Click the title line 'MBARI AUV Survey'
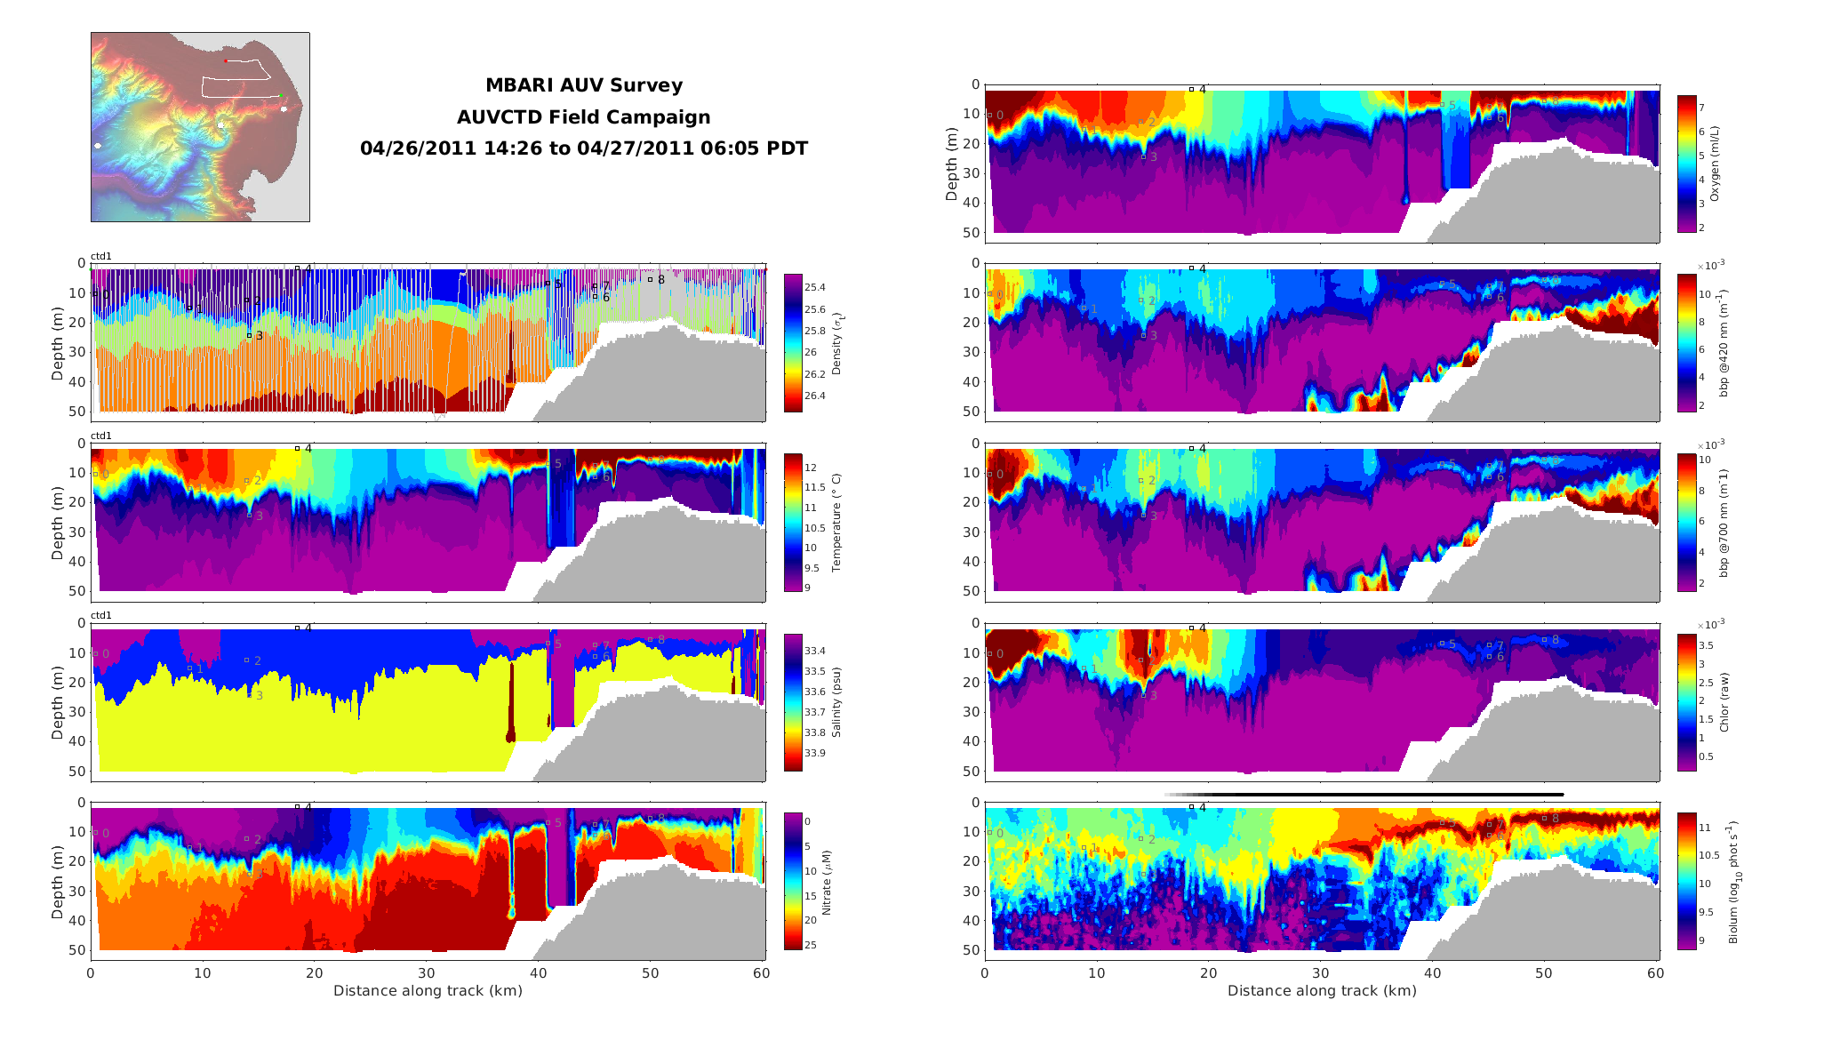pos(584,85)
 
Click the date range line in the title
pos(584,148)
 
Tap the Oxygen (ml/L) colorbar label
pos(1715,164)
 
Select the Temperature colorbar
pos(793,523)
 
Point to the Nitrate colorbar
pos(793,881)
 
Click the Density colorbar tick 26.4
pos(815,396)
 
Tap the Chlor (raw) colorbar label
pos(1724,702)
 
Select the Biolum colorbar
pos(1686,881)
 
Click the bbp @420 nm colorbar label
pos(1724,343)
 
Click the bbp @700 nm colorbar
pos(1686,523)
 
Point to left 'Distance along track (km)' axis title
pos(428,991)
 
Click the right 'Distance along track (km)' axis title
pos(1322,991)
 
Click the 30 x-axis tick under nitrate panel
pos(427,973)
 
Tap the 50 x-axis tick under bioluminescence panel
pos(1544,973)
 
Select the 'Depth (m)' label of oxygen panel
pos(952,164)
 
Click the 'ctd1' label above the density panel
pos(101,257)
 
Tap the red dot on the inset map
pos(226,60)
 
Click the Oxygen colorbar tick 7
pos(1700,108)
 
